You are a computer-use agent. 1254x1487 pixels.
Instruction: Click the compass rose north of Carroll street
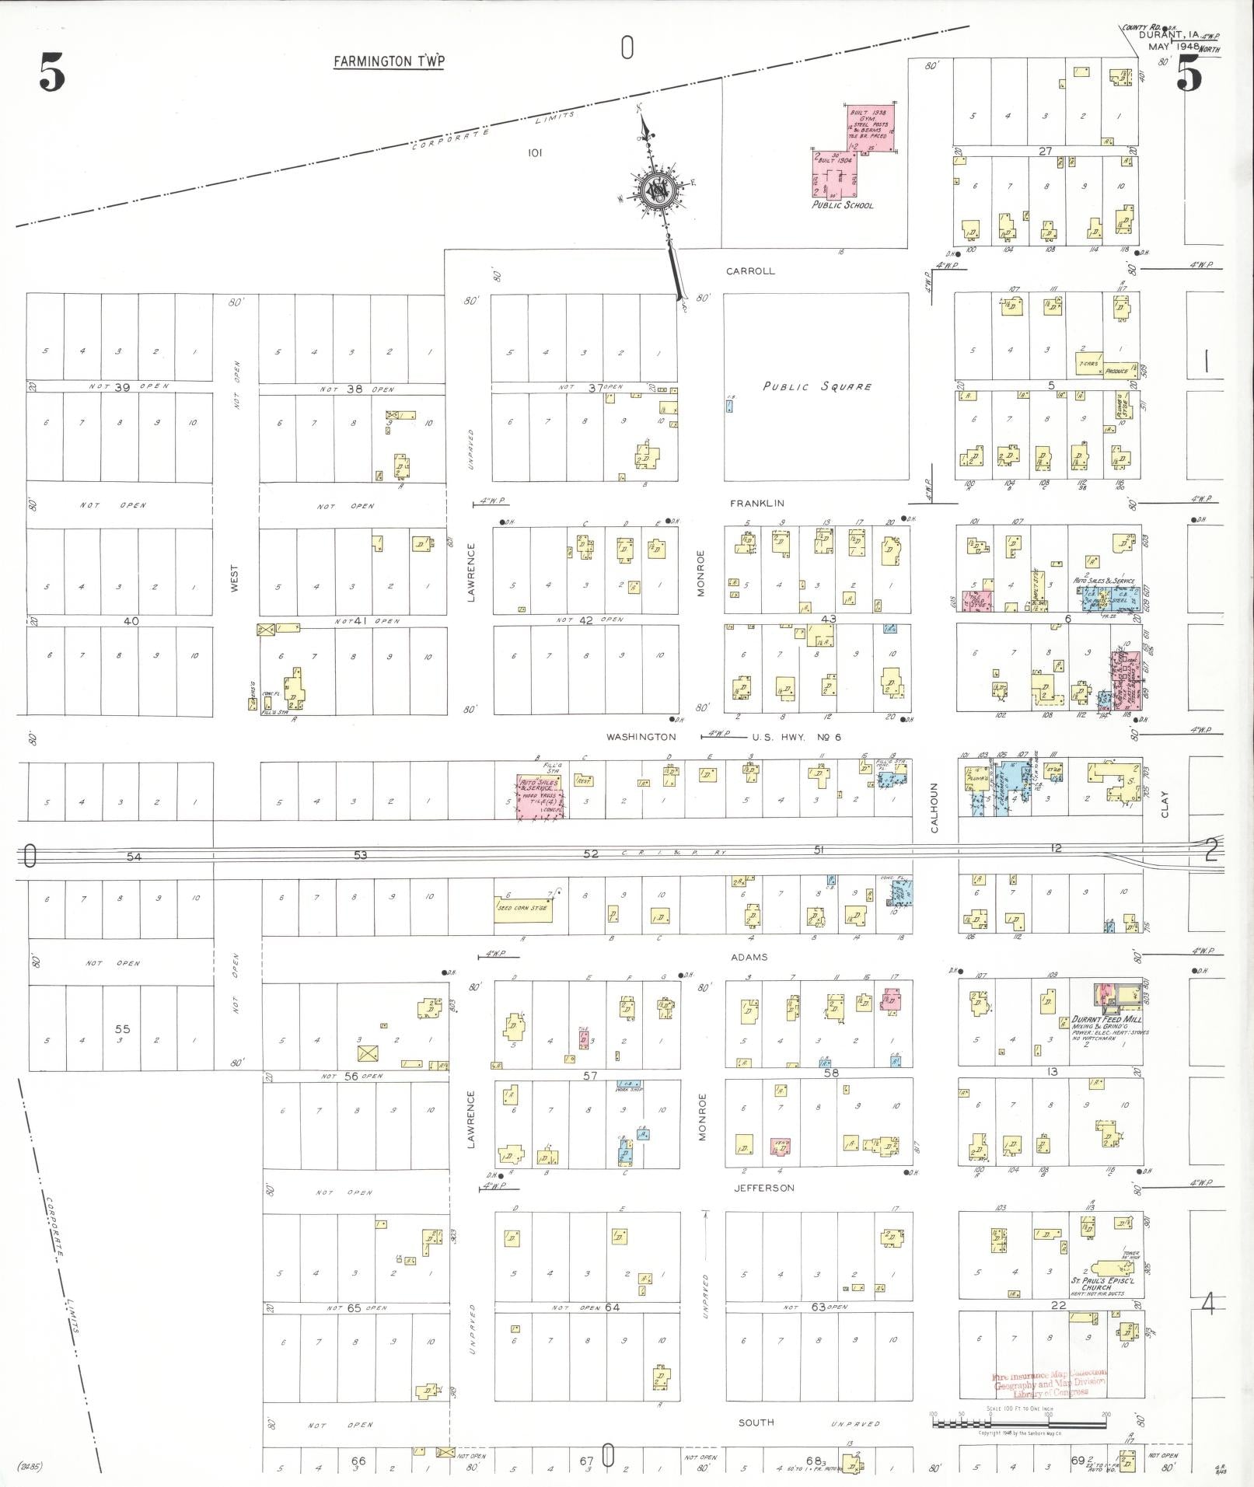click(x=657, y=190)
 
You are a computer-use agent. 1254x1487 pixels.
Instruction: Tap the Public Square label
click(x=816, y=386)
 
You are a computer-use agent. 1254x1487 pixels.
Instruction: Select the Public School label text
click(x=842, y=205)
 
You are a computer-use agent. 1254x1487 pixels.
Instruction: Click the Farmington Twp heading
click(x=389, y=61)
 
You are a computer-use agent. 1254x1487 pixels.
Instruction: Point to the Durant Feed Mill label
click(x=1106, y=1019)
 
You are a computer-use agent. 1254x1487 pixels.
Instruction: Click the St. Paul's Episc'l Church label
click(x=1098, y=1283)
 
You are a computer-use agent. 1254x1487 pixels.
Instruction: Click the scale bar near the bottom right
click(x=1018, y=1424)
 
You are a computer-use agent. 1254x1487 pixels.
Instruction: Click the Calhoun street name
click(x=934, y=808)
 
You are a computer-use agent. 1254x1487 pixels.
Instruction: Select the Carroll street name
click(x=750, y=271)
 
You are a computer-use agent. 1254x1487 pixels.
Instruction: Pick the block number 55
click(x=123, y=1028)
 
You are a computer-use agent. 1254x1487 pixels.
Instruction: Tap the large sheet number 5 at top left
click(x=51, y=75)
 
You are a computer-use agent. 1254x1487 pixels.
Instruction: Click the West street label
click(x=235, y=579)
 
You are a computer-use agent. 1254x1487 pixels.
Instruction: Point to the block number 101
click(x=534, y=153)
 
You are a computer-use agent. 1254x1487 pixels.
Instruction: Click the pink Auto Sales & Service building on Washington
click(x=541, y=794)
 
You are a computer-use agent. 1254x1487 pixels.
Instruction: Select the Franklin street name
click(x=756, y=504)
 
